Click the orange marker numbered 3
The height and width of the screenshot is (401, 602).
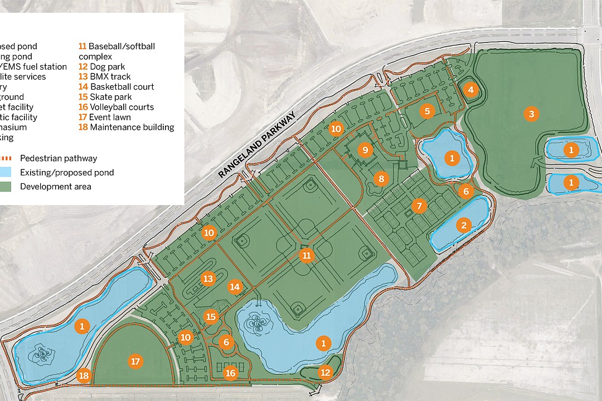point(531,114)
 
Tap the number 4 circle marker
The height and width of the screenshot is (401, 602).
point(471,90)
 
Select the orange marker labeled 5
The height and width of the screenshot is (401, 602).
point(428,111)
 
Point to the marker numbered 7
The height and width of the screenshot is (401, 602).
point(419,206)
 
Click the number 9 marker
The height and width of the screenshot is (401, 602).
point(365,150)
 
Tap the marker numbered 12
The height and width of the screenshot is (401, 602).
point(325,371)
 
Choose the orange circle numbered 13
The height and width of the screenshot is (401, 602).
point(208,278)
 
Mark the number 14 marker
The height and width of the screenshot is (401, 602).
point(235,287)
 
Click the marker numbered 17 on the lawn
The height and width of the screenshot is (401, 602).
point(135,361)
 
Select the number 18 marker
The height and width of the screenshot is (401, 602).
point(84,375)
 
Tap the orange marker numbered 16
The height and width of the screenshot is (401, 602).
point(230,373)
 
